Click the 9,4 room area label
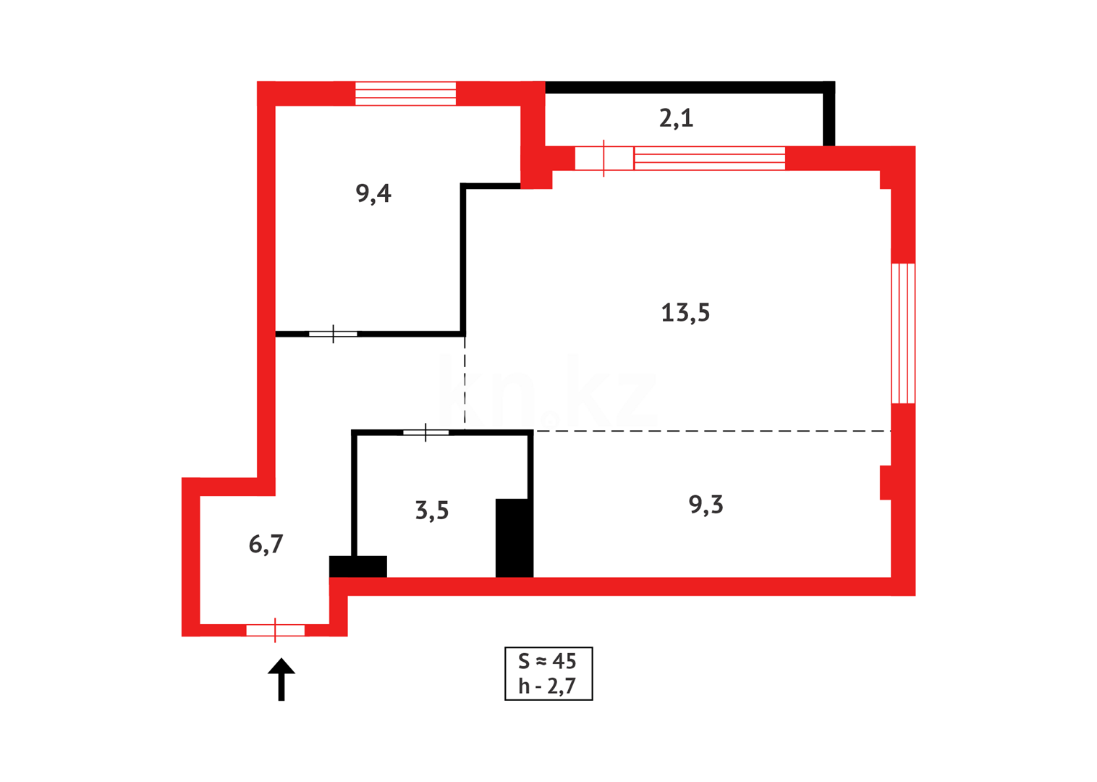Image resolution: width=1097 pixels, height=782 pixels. pyautogui.click(x=373, y=193)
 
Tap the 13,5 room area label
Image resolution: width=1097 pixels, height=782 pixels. pyautogui.click(x=685, y=313)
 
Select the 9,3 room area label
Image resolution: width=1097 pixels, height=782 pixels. pyautogui.click(x=706, y=504)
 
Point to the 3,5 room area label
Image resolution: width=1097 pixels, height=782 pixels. pyautogui.click(x=432, y=510)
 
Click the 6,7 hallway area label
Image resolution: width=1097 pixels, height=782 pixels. pyautogui.click(x=266, y=544)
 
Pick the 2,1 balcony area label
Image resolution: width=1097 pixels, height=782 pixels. pyautogui.click(x=676, y=117)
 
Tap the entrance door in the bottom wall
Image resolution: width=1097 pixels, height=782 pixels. pyautogui.click(x=276, y=630)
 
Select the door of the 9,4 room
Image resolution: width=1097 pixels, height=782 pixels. pyautogui.click(x=333, y=334)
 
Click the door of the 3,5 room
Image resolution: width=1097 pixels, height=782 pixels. pyautogui.click(x=425, y=432)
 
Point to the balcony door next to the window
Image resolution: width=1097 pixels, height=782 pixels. pyautogui.click(x=604, y=158)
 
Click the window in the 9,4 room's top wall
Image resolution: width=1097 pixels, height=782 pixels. pyautogui.click(x=405, y=93)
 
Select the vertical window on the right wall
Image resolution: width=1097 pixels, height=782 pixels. pyautogui.click(x=903, y=333)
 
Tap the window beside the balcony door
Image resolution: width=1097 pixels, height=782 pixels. pyautogui.click(x=709, y=158)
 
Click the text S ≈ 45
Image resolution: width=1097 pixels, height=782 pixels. pyautogui.click(x=548, y=661)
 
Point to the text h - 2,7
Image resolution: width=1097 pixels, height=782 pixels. pyautogui.click(x=548, y=686)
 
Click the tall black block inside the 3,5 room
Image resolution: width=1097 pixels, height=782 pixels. pyautogui.click(x=514, y=537)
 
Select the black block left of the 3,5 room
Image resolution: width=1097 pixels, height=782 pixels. pyautogui.click(x=358, y=566)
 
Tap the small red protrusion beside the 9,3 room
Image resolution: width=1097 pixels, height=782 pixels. pyautogui.click(x=886, y=482)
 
